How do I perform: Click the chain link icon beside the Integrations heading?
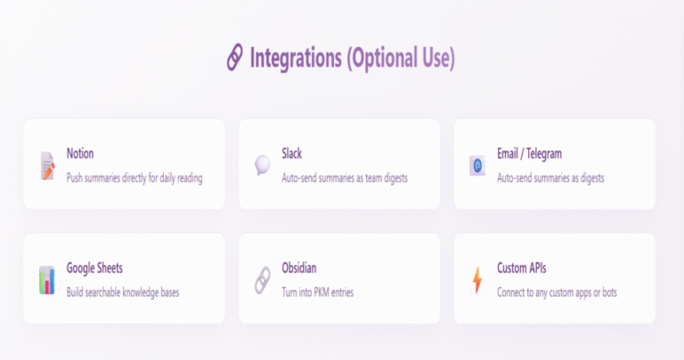235,57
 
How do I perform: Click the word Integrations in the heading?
296,58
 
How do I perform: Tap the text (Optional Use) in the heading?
401,58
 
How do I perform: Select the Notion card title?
80,153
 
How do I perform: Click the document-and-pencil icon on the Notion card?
47,166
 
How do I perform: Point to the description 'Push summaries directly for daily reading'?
134,178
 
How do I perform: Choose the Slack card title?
292,153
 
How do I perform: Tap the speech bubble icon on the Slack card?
262,165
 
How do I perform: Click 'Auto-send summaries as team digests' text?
345,178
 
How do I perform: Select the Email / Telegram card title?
530,153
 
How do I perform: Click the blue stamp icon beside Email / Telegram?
477,166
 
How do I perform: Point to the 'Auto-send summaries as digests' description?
550,178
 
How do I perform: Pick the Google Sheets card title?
94,268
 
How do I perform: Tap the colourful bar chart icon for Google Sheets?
46,280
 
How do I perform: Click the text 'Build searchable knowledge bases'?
123,292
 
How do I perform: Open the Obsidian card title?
299,268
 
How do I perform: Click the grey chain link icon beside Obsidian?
263,280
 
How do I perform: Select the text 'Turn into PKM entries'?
318,292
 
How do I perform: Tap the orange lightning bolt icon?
477,280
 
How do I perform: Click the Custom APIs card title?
522,268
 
